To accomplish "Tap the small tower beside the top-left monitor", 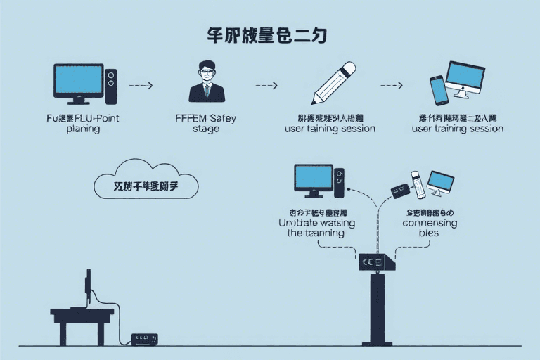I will pos(110,86).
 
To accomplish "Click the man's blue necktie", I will pos(207,91).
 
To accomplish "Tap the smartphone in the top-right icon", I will pos(439,90).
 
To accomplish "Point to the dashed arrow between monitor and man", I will pos(141,85).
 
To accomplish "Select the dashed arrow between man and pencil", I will pos(266,85).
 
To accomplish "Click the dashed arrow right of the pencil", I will pos(391,85).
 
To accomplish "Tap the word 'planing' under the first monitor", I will pos(83,129).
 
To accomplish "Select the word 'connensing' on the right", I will pos(430,223).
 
